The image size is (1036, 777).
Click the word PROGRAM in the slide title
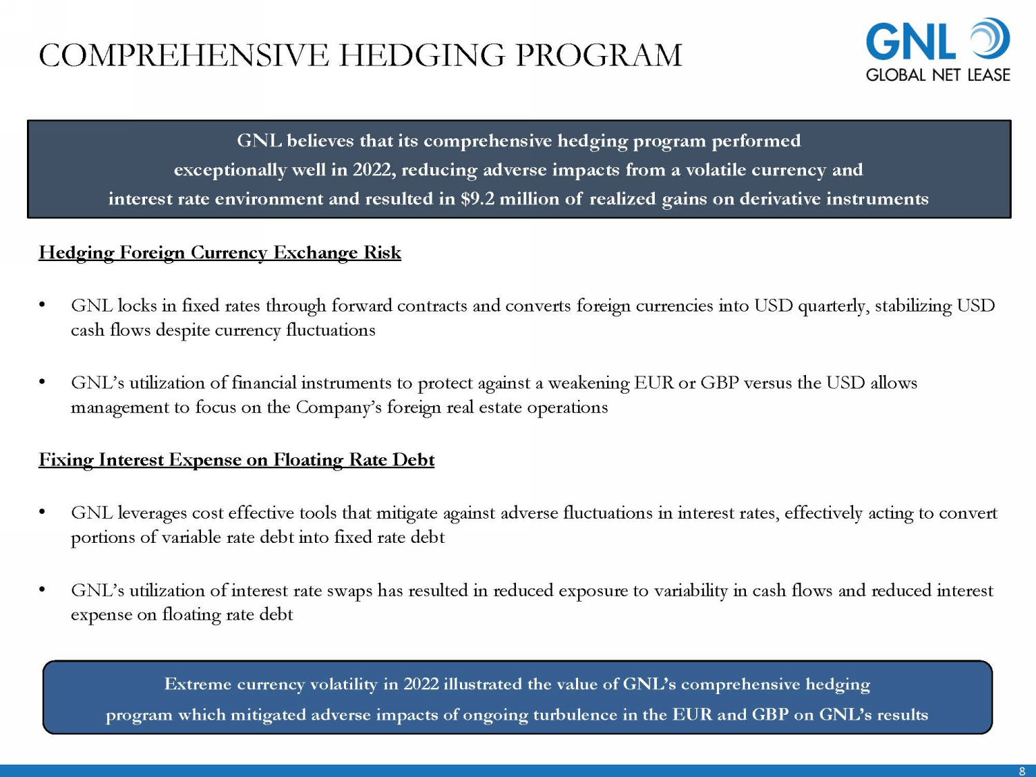click(599, 55)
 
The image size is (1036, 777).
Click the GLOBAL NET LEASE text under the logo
click(938, 75)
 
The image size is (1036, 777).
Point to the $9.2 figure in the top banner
click(477, 199)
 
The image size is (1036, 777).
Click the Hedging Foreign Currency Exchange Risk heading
click(220, 253)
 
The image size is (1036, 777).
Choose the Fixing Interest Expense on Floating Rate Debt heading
click(236, 460)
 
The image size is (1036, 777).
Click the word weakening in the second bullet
click(588, 383)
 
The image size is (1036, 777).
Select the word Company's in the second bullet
click(338, 407)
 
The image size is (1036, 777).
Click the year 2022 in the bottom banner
click(421, 684)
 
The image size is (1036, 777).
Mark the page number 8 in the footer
click(1022, 771)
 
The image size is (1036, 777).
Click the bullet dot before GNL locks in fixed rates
click(42, 305)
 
